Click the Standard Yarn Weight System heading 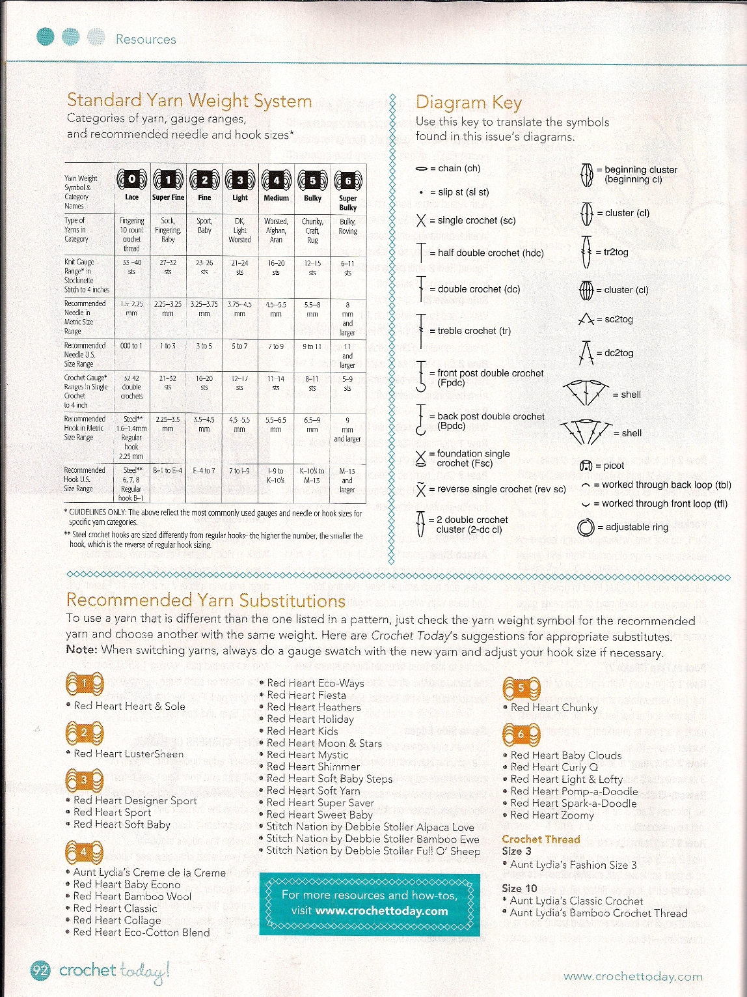click(189, 101)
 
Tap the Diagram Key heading click(469, 103)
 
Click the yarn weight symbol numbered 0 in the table click(131, 180)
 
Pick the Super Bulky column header click(347, 203)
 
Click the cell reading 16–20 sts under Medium click(276, 268)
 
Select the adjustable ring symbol click(586, 527)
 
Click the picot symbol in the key click(585, 466)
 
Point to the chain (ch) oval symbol click(422, 169)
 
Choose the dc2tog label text click(619, 353)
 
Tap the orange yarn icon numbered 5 click(521, 688)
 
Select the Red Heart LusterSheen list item click(128, 753)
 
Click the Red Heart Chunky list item click(554, 707)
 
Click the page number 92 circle click(40, 971)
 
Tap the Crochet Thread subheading click(540, 839)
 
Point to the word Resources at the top click(146, 40)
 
